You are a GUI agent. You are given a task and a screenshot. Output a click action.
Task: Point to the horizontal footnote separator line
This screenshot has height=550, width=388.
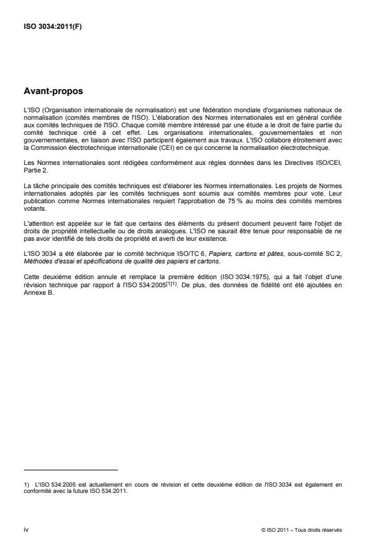[70, 469]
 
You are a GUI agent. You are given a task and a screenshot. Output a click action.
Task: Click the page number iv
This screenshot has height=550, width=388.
[25, 529]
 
